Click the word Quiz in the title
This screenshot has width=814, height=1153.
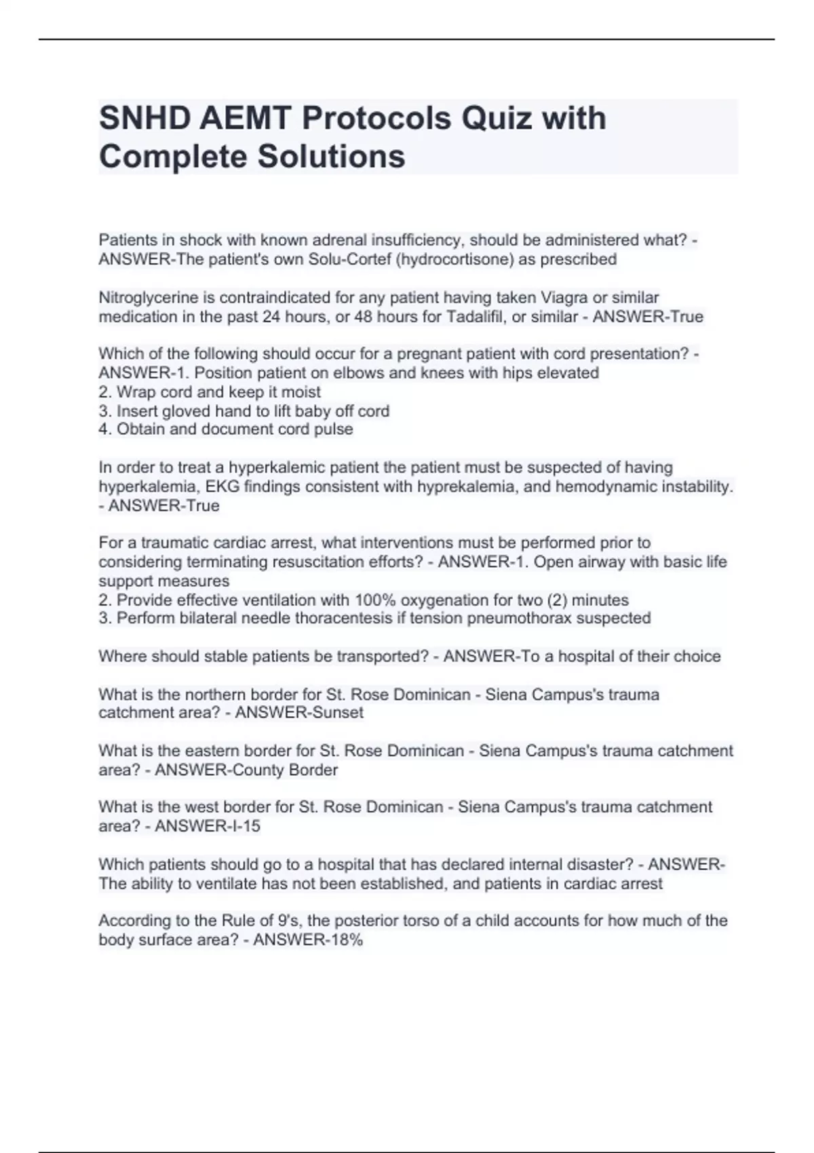[496, 118]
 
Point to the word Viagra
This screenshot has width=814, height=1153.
[564, 298]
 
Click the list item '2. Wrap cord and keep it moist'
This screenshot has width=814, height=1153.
[210, 392]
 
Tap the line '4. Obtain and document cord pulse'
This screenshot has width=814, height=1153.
[226, 429]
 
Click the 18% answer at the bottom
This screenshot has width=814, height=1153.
[345, 940]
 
